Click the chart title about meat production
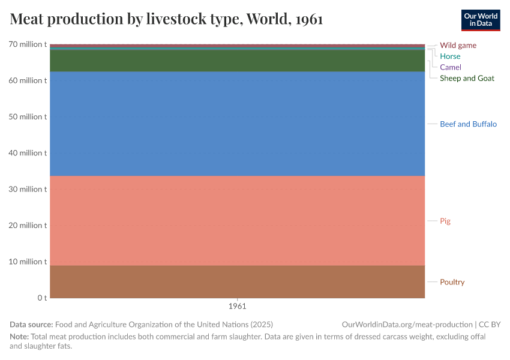[x=167, y=20]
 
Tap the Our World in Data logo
[x=481, y=20]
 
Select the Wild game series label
[x=458, y=45]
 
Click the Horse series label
[x=450, y=56]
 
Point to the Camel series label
[x=451, y=67]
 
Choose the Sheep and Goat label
[x=467, y=78]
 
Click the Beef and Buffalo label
[x=468, y=124]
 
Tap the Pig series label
[x=445, y=221]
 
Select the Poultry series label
[x=452, y=282]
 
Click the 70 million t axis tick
[x=28, y=44]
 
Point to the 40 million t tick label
[x=28, y=153]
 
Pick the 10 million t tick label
[x=28, y=262]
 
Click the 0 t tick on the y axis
[x=42, y=298]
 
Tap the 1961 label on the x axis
[x=237, y=306]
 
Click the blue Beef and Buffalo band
[x=237, y=124]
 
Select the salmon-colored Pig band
[x=237, y=221]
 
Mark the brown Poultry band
[x=237, y=282]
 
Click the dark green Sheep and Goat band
[x=237, y=61]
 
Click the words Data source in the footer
[x=31, y=325]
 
